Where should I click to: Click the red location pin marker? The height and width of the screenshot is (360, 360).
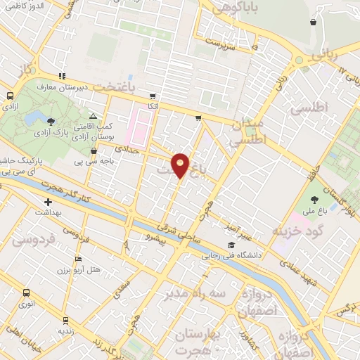point(181,165)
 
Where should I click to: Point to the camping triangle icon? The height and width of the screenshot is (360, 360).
point(93,116)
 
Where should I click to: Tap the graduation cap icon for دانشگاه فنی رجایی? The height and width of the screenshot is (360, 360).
point(231,245)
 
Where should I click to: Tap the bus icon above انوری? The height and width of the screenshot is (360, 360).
point(27,293)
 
